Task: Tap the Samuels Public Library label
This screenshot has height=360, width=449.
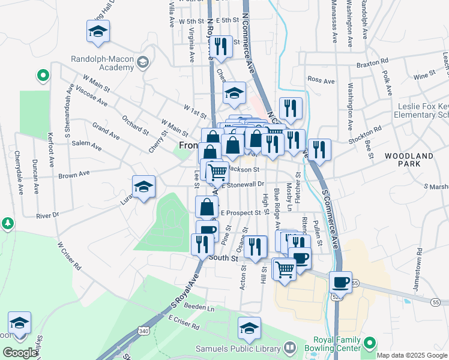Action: [x=238, y=348]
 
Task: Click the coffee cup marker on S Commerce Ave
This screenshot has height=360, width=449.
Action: [x=341, y=282]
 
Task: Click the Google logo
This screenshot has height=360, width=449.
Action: [x=20, y=352]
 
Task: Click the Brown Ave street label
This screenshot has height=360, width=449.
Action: [x=74, y=174]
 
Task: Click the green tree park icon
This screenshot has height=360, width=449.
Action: [x=7, y=223]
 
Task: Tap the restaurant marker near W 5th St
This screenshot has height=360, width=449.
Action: [x=222, y=47]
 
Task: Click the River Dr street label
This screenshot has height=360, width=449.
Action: [x=47, y=215]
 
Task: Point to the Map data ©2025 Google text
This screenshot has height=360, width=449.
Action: [x=411, y=355]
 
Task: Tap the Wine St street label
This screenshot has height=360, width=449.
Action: [x=424, y=76]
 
